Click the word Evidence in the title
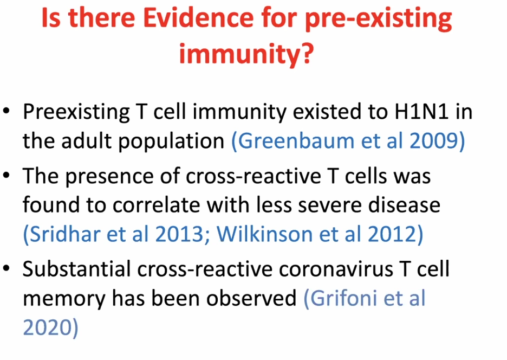coord(198,18)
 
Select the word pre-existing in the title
coord(378,20)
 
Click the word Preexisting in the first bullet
coord(76,113)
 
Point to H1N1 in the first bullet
coord(421,112)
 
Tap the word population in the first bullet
coord(171,143)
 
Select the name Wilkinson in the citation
coord(264,234)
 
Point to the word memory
coord(64,299)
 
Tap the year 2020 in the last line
coord(47,327)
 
